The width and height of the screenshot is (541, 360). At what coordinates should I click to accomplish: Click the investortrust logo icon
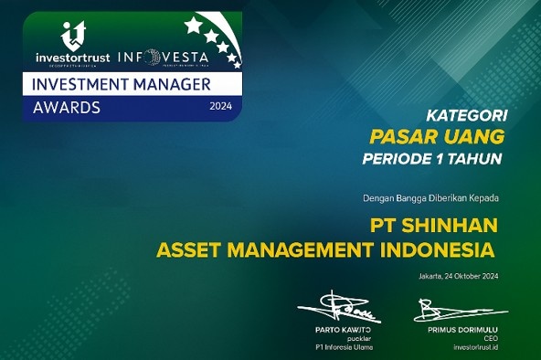[x=72, y=35]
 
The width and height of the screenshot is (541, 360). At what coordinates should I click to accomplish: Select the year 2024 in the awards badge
[x=221, y=106]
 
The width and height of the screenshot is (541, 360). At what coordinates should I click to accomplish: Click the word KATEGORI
[x=467, y=116]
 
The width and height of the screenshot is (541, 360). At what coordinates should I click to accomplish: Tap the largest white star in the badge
[x=194, y=25]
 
